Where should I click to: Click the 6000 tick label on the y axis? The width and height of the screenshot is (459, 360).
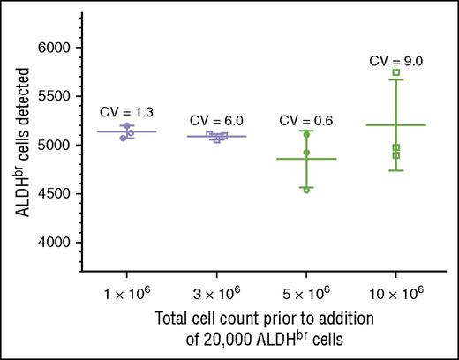click(55, 48)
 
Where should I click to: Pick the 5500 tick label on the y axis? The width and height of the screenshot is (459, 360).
click(55, 96)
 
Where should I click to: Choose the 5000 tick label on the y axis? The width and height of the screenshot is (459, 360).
click(55, 145)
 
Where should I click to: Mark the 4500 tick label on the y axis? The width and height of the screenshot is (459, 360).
click(55, 193)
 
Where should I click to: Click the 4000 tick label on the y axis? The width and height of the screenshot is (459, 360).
click(55, 242)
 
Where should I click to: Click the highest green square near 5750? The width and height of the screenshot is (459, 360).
click(396, 72)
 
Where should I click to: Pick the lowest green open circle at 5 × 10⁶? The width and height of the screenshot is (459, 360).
click(306, 190)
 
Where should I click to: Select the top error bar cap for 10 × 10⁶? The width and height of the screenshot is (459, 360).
click(396, 79)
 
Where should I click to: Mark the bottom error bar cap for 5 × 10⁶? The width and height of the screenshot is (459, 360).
click(306, 187)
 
